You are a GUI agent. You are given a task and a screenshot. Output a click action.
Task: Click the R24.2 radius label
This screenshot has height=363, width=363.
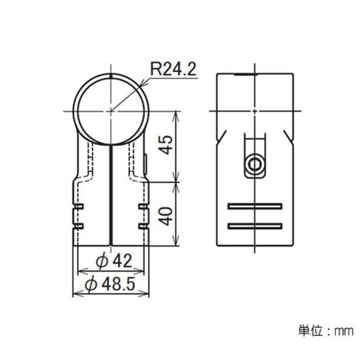click(x=173, y=69)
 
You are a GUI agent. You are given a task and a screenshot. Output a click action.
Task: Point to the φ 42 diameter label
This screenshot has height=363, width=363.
click(x=114, y=261)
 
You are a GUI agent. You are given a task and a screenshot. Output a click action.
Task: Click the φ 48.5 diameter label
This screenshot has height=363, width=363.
click(x=110, y=284)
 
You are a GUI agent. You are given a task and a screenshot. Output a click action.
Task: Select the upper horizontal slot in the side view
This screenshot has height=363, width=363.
click(x=255, y=206)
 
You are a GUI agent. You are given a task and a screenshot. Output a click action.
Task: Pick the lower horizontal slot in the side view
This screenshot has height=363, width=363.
click(x=255, y=226)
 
